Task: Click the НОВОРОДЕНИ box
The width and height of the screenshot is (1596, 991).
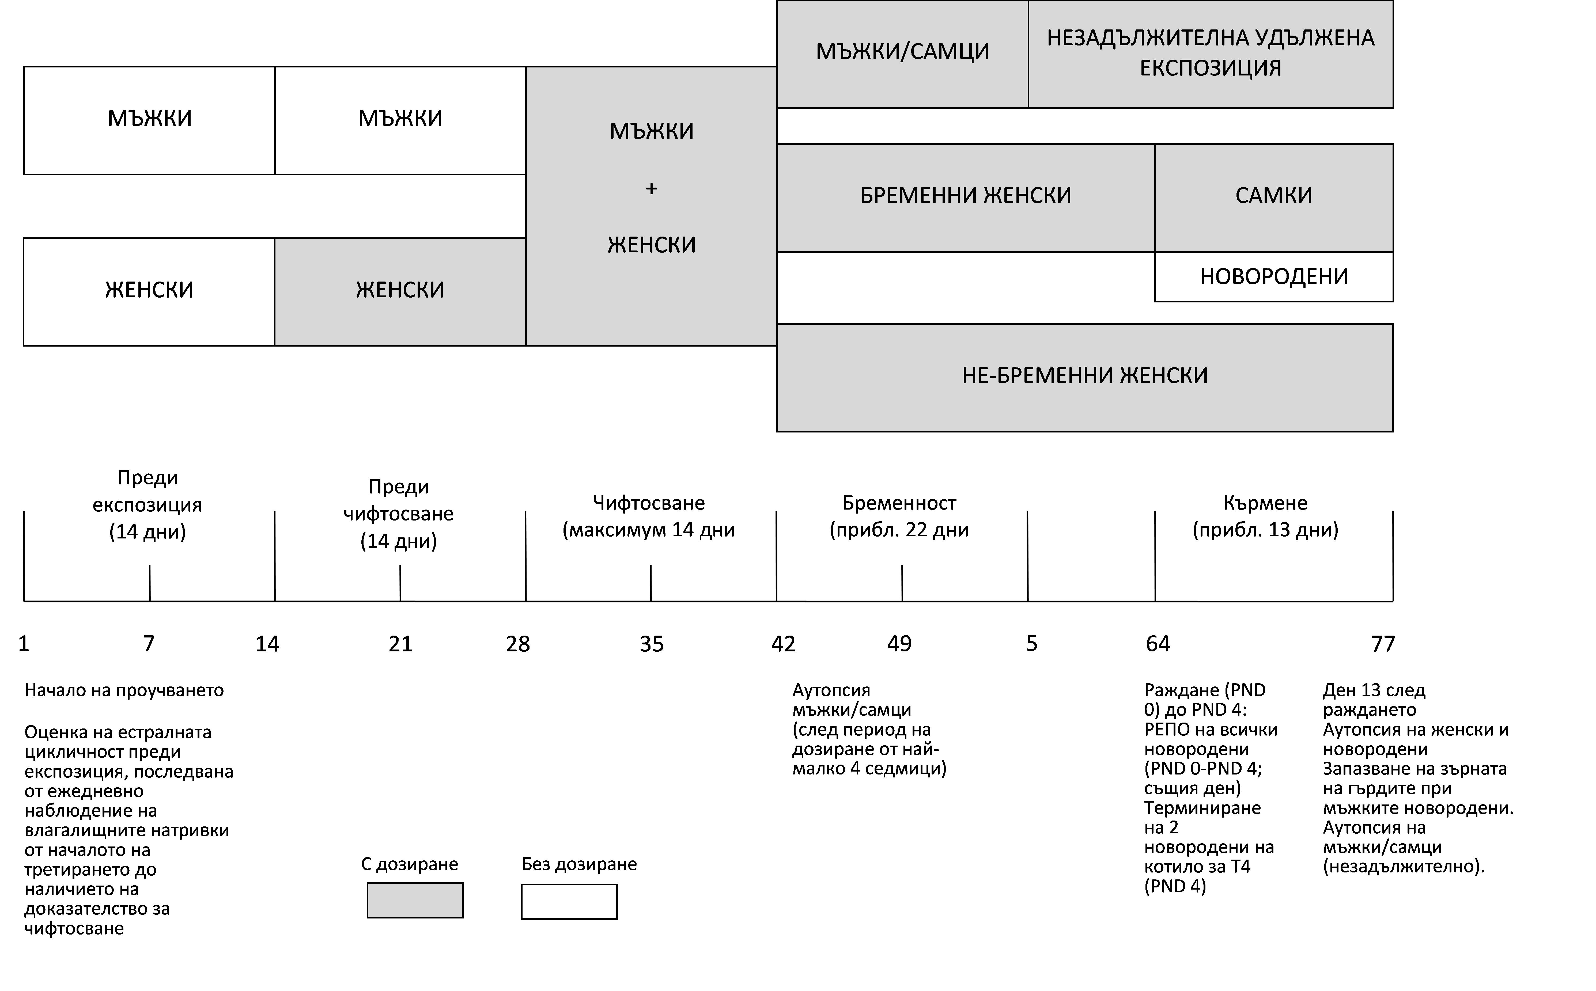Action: [x=1273, y=277]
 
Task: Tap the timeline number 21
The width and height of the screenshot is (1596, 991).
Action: [x=400, y=644]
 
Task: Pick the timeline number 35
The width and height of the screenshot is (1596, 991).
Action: [x=652, y=644]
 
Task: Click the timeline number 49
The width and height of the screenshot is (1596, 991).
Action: [x=899, y=644]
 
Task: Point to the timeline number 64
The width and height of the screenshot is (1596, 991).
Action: [x=1158, y=644]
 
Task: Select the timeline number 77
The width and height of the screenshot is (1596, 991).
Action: [x=1383, y=644]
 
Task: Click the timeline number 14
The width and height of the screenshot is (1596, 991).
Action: [x=267, y=644]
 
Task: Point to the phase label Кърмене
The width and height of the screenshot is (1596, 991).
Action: [x=1265, y=503]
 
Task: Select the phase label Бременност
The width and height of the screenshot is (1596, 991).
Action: [x=899, y=503]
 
